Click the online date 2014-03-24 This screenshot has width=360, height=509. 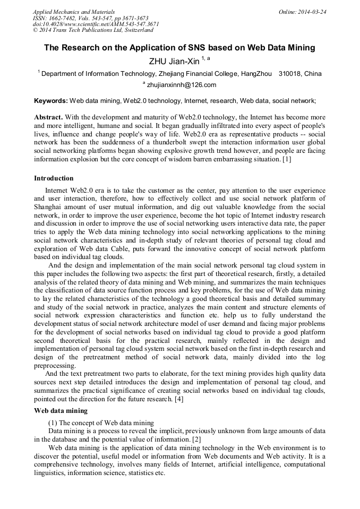[x=312, y=12]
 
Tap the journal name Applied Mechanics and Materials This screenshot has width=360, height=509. [x=74, y=12]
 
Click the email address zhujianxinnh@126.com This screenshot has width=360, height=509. [x=182, y=85]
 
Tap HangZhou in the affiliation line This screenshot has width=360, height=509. [x=256, y=74]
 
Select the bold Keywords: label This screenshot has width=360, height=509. [x=51, y=100]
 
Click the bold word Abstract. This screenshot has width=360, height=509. [x=48, y=117]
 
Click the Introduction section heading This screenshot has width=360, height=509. [x=54, y=178]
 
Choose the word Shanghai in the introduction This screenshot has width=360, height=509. [x=48, y=206]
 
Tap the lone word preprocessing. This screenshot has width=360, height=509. [x=55, y=365]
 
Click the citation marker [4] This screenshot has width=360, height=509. [x=179, y=399]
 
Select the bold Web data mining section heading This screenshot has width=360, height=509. [x=61, y=411]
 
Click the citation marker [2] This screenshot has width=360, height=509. [x=196, y=439]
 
